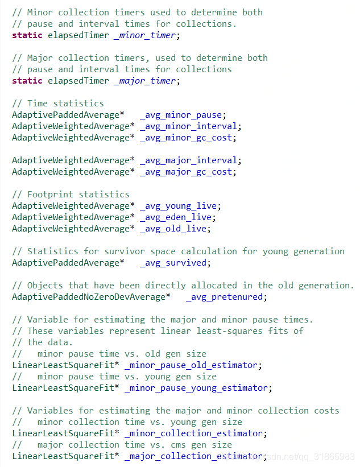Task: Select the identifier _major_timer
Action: coord(146,81)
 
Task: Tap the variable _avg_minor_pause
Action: coord(183,115)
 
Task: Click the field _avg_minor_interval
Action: coord(190,126)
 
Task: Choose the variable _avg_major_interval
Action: coord(190,160)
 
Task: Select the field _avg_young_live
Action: coord(180,206)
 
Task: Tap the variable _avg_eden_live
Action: coord(177,217)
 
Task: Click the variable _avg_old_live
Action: coord(175,229)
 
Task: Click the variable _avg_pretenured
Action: coord(226,297)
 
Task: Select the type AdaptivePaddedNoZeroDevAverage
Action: coord(89,297)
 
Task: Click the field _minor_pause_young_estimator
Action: coord(196,388)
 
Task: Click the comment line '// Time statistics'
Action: coord(58,104)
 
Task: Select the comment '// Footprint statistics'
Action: coord(71,195)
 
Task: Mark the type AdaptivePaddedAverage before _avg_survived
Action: coord(66,263)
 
